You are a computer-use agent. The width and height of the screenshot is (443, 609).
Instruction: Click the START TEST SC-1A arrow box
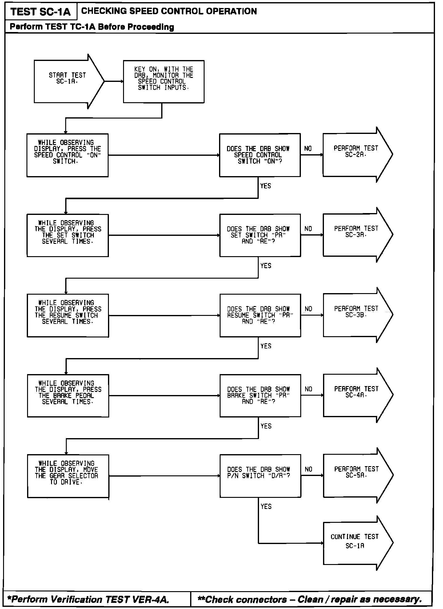67,81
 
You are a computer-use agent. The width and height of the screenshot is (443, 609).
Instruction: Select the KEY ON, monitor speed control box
163,82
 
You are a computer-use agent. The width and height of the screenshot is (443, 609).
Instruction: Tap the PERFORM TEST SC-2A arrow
356,155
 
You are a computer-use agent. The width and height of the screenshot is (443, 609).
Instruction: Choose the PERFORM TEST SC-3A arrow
356,235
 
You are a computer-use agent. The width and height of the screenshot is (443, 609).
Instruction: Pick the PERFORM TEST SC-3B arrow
356,315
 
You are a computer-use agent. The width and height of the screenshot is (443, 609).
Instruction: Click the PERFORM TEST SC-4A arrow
356,395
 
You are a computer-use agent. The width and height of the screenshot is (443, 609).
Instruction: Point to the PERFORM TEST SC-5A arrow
356,475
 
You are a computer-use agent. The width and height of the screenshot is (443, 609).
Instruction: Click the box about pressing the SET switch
68,235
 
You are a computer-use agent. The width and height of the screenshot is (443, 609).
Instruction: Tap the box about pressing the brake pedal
68,396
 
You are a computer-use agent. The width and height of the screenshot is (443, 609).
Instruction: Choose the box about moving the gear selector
68,476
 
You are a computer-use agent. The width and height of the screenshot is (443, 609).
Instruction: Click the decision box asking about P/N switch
260,476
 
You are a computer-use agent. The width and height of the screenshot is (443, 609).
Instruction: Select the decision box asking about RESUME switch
260,315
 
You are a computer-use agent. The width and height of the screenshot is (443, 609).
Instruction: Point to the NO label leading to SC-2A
308,149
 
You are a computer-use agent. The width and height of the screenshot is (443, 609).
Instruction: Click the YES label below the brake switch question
266,426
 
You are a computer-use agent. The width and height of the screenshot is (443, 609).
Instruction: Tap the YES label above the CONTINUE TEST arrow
266,506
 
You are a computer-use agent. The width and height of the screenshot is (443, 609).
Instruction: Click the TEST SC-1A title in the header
41,12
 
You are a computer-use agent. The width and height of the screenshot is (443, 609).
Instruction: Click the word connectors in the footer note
261,599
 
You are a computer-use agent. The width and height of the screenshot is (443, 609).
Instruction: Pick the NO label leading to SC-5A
308,469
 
